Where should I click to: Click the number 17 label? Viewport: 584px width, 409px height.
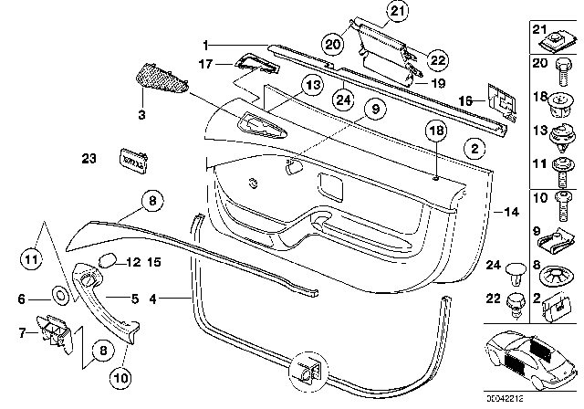pyautogui.click(x=206, y=65)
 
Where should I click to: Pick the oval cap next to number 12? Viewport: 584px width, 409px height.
pyautogui.click(x=106, y=260)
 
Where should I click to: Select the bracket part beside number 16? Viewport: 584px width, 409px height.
pyautogui.click(x=497, y=100)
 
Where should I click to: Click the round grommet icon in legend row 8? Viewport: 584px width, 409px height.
pyautogui.click(x=558, y=272)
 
